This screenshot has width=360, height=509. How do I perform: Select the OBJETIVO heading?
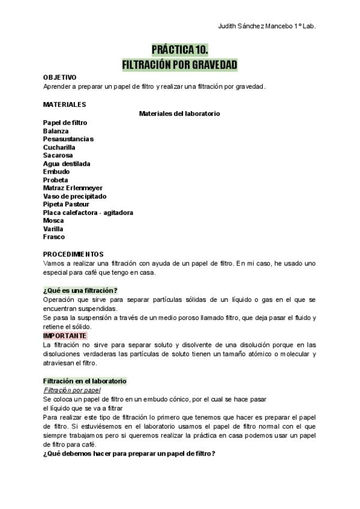point(59,77)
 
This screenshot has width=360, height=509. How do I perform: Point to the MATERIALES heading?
point(64,104)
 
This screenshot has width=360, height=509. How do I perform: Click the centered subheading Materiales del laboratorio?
point(179,113)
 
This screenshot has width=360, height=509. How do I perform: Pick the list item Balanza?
point(56,131)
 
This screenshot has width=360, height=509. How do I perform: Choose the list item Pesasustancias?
point(68,139)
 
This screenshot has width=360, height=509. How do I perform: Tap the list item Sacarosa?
point(58,155)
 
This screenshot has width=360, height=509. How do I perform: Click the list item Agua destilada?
point(67,163)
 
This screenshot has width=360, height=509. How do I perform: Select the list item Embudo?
point(56,172)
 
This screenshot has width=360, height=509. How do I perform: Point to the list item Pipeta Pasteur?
point(67,204)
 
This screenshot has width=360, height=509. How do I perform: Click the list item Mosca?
point(53,220)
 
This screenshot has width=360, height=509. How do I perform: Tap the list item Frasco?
point(54,236)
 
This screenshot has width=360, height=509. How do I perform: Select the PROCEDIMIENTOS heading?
point(73,254)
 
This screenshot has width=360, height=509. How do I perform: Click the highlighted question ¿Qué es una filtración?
point(80,290)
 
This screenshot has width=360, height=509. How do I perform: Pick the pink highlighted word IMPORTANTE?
point(65,336)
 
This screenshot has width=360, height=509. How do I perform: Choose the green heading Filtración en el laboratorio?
point(85,381)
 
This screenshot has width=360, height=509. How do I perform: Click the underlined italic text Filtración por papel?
point(71,390)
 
